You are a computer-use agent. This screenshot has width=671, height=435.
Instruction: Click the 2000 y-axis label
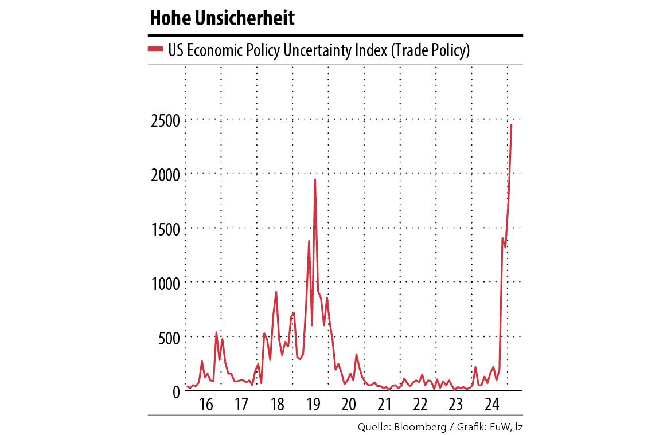[165, 174]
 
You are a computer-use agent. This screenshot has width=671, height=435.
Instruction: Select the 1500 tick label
[165, 229]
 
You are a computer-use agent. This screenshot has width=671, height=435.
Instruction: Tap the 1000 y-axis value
[165, 283]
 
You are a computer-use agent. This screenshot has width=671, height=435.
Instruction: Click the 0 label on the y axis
[175, 391]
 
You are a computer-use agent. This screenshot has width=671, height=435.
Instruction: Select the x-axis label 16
[206, 405]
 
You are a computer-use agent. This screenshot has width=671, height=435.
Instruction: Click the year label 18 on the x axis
[277, 405]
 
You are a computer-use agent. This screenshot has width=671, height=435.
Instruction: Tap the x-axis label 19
[313, 405]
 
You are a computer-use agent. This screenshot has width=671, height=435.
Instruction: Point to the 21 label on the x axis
[384, 405]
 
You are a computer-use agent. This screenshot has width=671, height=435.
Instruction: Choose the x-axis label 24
[491, 405]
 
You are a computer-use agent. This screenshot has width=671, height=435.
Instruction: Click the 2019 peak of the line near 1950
[315, 180]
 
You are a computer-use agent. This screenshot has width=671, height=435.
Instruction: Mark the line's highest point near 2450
[511, 126]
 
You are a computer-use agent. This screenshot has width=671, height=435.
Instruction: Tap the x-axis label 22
[420, 405]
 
